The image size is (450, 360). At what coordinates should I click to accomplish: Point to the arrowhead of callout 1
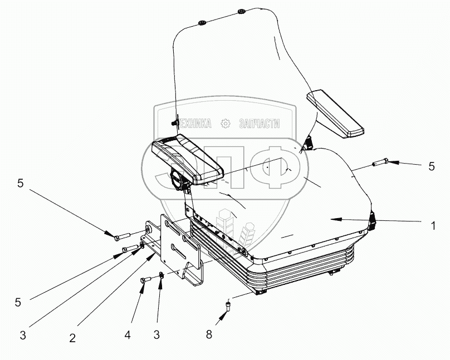tap(332, 219)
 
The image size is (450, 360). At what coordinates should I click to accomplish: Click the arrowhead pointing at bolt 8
tap(224, 315)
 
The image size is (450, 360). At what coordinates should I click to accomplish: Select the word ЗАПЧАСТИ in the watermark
tap(258, 124)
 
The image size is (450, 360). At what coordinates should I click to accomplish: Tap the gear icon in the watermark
tap(225, 124)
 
